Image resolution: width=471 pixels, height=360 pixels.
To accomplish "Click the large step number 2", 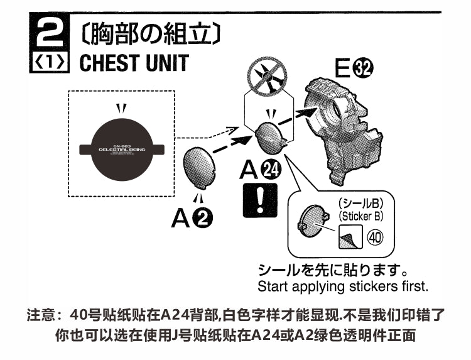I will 48,33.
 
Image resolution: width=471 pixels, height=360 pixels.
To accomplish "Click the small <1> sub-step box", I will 48,63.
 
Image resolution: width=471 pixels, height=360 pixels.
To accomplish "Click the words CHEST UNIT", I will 134,63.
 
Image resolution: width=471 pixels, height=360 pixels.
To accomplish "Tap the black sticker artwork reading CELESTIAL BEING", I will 119,149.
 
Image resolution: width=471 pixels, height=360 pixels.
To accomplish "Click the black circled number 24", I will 271,170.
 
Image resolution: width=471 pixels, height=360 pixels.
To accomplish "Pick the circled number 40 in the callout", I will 375,239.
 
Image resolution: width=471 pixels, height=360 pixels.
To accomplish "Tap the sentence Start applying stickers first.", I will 342,286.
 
